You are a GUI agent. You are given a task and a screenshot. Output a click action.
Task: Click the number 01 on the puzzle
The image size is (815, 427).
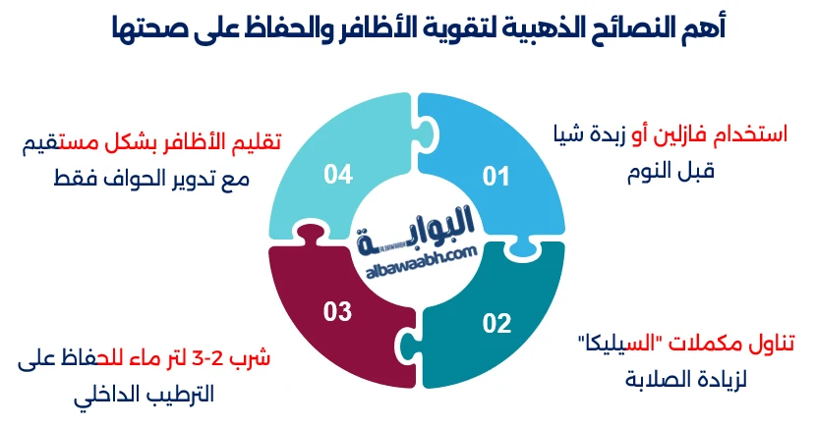[495, 177]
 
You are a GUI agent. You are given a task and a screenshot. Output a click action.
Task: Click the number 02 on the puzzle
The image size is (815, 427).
[496, 322]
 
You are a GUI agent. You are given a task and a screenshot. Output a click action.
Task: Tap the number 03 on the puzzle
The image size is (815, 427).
[337, 312]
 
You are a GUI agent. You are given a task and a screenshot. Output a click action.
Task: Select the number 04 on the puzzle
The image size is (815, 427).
[338, 175]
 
